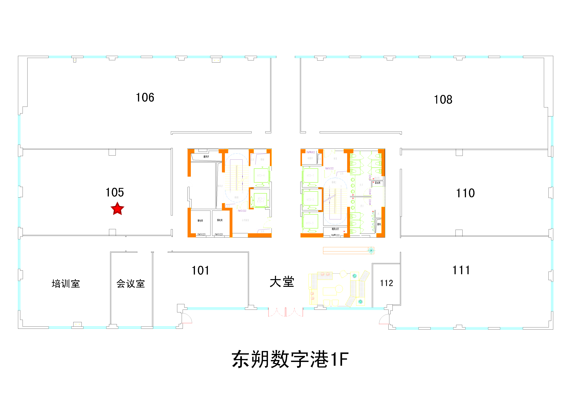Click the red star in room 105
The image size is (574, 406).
pos(117,209)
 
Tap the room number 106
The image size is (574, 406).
pos(145,98)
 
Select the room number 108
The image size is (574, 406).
pos(443,100)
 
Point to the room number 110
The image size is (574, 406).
pos(465,193)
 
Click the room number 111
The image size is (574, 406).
pos(461,270)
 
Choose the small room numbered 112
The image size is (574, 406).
pos(386,283)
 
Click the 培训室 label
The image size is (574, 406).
pos(66,284)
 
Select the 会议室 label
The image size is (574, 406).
pos(130,284)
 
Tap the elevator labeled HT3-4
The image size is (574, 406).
pos(261,175)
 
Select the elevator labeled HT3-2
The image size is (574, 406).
pos(310,200)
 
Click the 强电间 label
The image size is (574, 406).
pos(200,221)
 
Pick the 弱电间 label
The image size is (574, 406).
pos(220,220)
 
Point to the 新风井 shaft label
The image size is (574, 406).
pos(206,157)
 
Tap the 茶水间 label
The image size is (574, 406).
pos(377,183)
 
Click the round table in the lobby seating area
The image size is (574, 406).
pos(339,289)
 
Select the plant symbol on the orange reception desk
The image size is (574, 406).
pos(371,250)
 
